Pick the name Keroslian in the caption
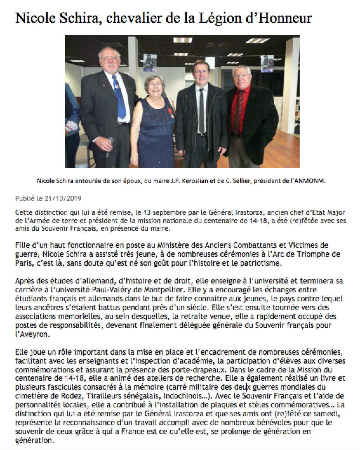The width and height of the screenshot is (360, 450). [x=200, y=181]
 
